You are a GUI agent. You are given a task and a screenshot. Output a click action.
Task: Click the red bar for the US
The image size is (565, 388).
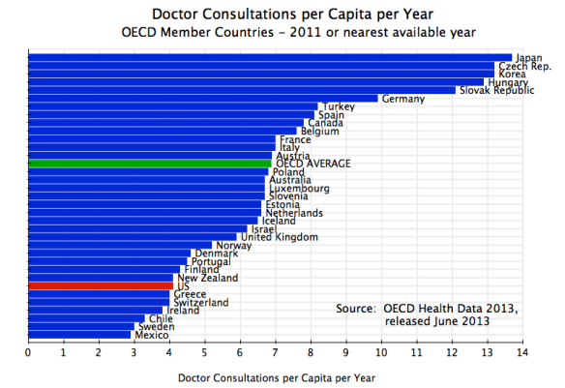(x=101, y=285)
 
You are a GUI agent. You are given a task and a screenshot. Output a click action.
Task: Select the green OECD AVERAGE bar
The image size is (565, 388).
(x=150, y=164)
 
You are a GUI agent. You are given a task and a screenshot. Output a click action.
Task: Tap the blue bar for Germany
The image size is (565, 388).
(x=203, y=98)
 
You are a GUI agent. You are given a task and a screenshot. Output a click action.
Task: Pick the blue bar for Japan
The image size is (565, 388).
(x=271, y=57)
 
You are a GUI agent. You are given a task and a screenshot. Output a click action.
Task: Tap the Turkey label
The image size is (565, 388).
(x=339, y=106)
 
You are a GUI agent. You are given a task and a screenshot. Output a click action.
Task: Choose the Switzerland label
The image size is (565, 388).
(x=200, y=303)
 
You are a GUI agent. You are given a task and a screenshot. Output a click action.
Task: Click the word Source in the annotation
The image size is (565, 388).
(x=355, y=308)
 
